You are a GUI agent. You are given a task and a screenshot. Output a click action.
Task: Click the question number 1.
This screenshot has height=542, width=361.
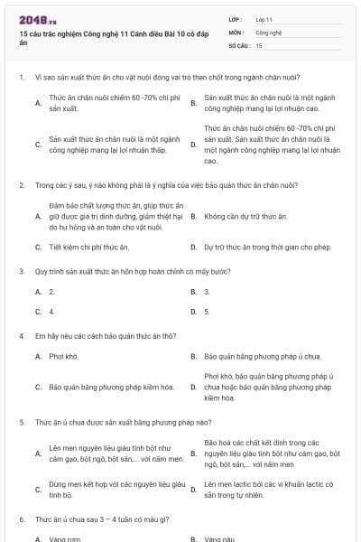click(21, 77)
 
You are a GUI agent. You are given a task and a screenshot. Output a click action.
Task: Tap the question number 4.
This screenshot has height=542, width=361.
click(21, 336)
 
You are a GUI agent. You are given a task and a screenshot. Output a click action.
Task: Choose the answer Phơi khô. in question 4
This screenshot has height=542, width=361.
click(64, 356)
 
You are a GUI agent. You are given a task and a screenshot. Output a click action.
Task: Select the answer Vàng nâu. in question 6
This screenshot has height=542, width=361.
click(219, 539)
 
